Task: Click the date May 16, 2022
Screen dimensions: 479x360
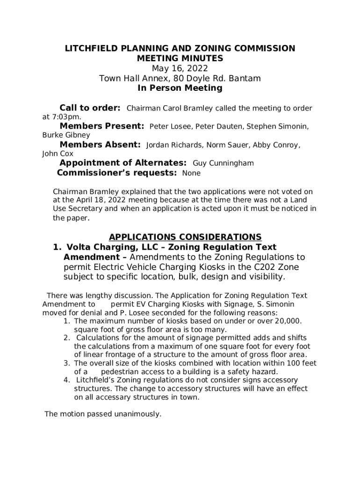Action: [180, 69]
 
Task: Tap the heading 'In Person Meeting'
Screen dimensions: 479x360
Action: [180, 88]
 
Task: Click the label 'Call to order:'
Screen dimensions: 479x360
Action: [90, 108]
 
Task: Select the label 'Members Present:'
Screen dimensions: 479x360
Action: [101, 126]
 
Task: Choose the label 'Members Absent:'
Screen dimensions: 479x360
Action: [100, 145]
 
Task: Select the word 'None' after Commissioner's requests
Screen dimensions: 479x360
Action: [191, 173]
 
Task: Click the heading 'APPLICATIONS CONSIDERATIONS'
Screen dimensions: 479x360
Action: [185, 237]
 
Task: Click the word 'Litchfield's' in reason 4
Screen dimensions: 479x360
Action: [97, 380]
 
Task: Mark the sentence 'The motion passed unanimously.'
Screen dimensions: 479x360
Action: [103, 414]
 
